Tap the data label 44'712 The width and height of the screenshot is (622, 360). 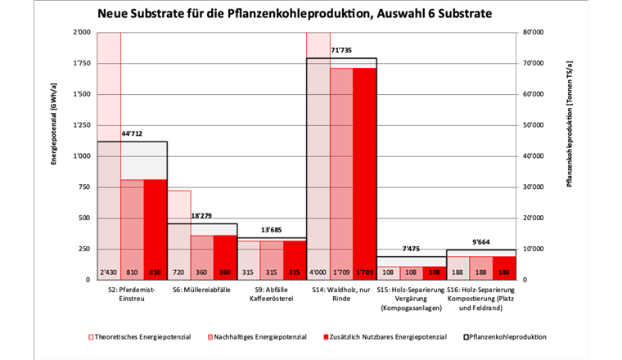tap(134, 134)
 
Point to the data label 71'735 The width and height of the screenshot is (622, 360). tap(342, 51)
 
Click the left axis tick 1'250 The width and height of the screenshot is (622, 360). tap(81, 125)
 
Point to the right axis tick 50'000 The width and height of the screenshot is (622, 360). tap(534, 125)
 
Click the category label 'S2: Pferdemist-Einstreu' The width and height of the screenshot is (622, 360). tap(132, 295)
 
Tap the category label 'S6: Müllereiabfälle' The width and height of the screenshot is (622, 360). tap(202, 290)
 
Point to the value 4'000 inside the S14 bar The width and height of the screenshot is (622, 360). tap(318, 272)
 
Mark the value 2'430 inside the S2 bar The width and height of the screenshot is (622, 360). tap(109, 272)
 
